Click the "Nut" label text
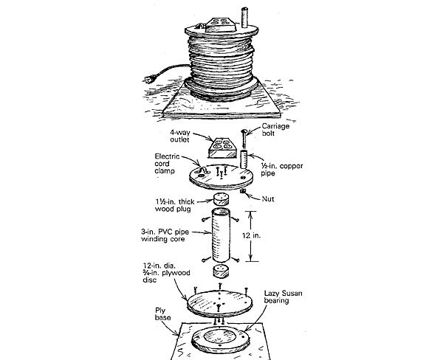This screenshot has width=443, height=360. pyautogui.click(x=270, y=198)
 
